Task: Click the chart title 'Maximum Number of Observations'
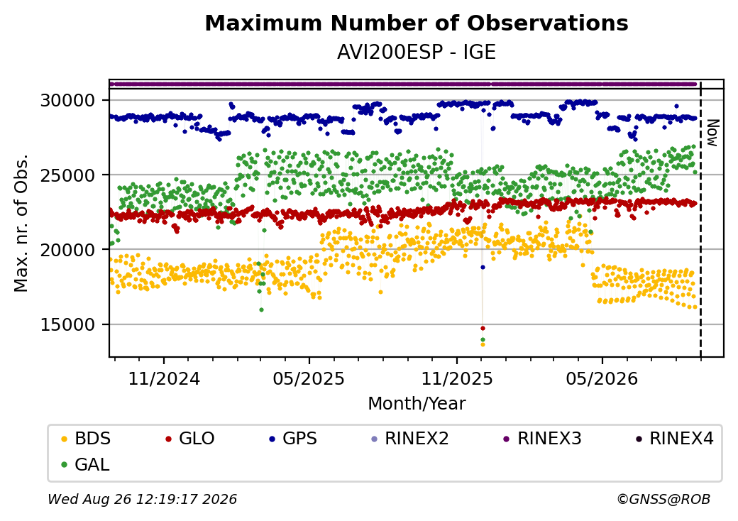(x=417, y=23)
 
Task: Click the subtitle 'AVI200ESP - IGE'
(x=417, y=53)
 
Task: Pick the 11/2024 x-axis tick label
(x=164, y=379)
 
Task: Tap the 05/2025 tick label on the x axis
(x=309, y=379)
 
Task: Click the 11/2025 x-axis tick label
(x=456, y=379)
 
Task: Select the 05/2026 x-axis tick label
(x=602, y=379)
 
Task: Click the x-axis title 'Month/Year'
(x=417, y=403)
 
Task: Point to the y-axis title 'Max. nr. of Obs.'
(x=21, y=223)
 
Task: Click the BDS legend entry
(x=86, y=439)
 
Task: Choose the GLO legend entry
(x=189, y=439)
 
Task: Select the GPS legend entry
(x=293, y=439)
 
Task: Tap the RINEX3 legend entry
(x=542, y=439)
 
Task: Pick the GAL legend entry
(x=85, y=464)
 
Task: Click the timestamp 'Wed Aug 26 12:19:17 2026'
(x=143, y=499)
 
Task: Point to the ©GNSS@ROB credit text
(x=663, y=499)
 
